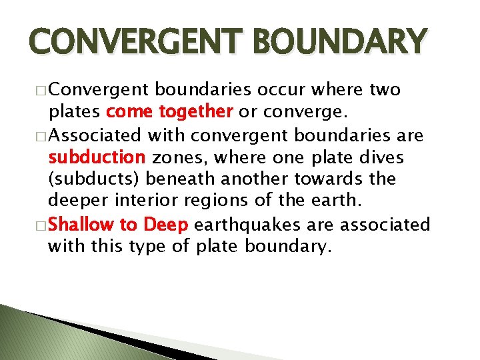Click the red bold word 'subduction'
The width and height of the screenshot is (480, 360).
[97, 157]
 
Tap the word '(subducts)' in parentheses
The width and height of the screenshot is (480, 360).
[95, 180]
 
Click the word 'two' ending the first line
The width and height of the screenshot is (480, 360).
[385, 89]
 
